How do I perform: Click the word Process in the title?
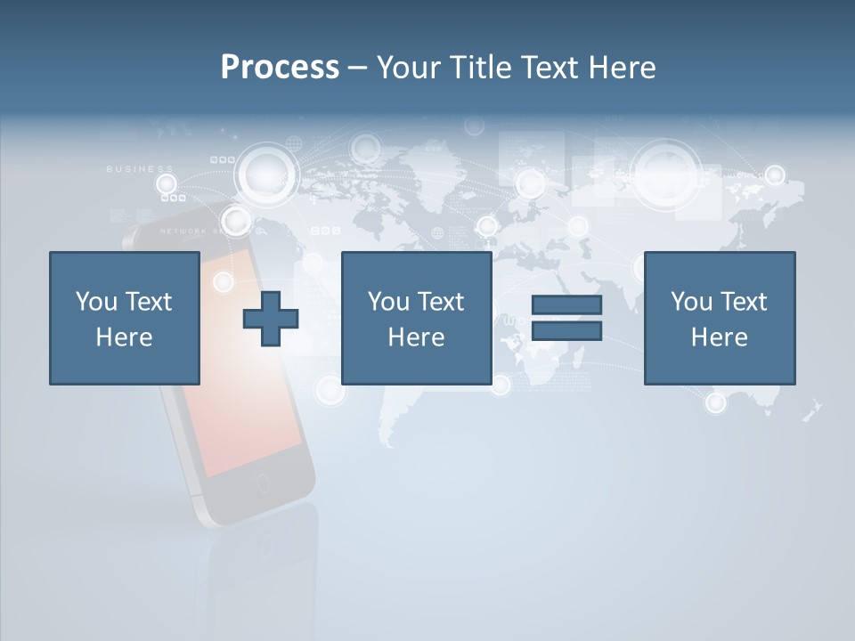(280, 68)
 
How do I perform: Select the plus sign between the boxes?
(271, 319)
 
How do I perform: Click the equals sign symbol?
(566, 318)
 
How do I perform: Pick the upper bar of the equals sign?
(566, 305)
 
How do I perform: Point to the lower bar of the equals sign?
(566, 331)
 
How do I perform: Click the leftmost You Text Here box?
(124, 318)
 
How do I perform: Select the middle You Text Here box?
(416, 318)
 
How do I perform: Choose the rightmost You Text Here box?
(719, 318)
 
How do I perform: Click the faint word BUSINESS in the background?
(140, 168)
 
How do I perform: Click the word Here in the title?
(623, 68)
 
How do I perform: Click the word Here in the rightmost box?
(719, 337)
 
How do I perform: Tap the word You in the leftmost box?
(96, 301)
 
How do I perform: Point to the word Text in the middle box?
(440, 301)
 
